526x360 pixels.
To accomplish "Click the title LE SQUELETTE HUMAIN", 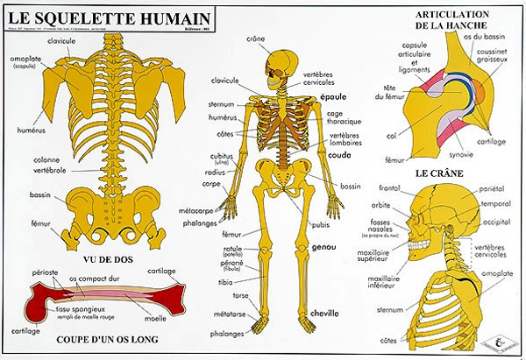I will coord(108,17).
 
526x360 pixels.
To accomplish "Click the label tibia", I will coord(225,282).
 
